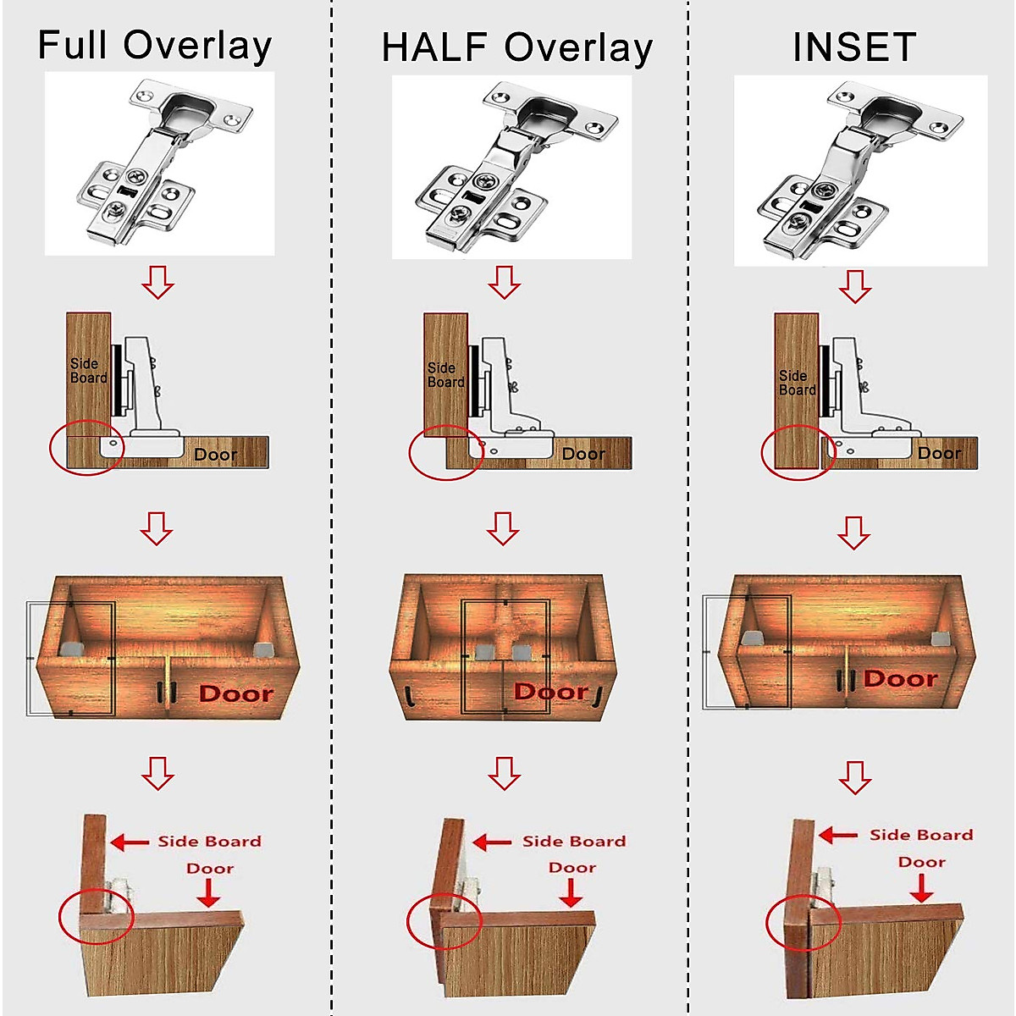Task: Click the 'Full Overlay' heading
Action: [155, 45]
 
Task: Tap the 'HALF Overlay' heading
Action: [516, 47]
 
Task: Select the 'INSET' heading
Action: [854, 47]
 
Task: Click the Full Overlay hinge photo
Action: [159, 163]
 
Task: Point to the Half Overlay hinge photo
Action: [511, 167]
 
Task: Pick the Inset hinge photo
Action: [860, 170]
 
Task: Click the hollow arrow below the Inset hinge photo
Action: [854, 286]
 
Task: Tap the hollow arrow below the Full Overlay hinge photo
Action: [157, 281]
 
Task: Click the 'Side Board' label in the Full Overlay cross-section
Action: [88, 371]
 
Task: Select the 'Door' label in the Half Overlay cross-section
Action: [583, 454]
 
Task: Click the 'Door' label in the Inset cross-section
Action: [939, 453]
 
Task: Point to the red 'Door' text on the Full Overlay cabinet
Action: [236, 694]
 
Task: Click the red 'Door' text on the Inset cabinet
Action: [901, 679]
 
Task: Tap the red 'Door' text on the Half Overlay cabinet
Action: [551, 692]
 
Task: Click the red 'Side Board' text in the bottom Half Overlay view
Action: [574, 841]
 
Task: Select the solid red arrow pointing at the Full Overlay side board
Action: [130, 842]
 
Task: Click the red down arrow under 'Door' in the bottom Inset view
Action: [921, 887]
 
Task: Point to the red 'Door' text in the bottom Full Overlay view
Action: [210, 868]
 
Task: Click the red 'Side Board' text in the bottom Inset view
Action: [921, 835]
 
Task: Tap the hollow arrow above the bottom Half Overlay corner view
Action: [505, 772]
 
